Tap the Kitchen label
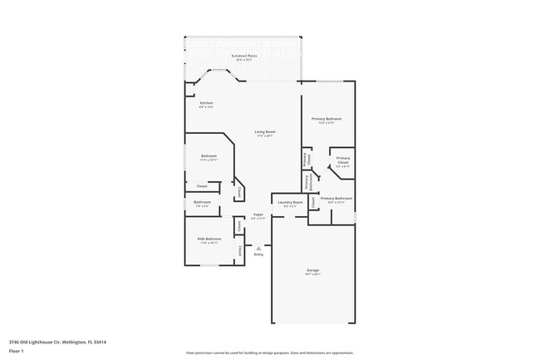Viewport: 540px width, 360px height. [206, 105]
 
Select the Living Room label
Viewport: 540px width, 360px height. [265, 134]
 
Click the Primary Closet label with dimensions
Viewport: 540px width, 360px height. [343, 160]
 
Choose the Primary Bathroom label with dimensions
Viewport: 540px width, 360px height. [336, 200]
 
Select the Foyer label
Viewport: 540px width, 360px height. [258, 216]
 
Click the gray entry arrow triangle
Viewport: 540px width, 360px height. [258, 247]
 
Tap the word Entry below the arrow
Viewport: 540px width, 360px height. [258, 254]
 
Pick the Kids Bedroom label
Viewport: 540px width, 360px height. [209, 240]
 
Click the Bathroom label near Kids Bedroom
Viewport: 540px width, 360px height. [203, 203]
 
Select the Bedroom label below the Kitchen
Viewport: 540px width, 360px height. [209, 157]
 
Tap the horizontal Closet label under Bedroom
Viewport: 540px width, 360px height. [202, 186]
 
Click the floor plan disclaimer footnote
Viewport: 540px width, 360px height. [269, 352]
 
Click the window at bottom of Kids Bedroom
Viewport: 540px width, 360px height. [210, 265]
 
